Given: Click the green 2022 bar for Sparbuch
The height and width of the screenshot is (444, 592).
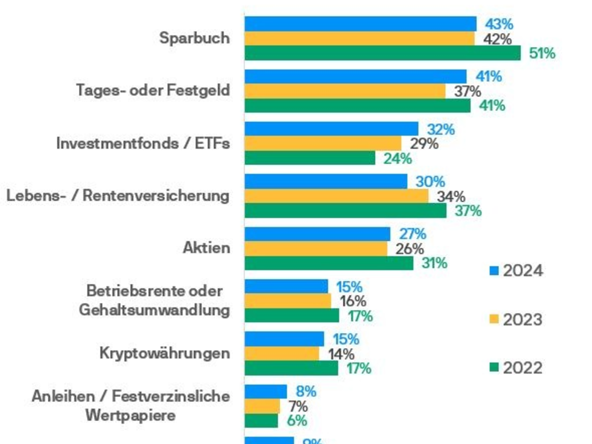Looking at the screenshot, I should click(x=382, y=53).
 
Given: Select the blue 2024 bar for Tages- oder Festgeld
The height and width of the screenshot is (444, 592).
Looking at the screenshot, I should click(x=355, y=76).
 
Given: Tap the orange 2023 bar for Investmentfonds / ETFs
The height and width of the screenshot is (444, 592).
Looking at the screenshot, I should click(x=323, y=144).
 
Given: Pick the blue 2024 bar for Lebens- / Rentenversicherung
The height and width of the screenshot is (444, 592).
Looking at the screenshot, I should click(x=326, y=181).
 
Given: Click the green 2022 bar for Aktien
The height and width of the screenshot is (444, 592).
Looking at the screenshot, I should click(x=329, y=263).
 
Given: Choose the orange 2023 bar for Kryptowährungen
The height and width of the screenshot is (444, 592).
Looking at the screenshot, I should click(x=282, y=353).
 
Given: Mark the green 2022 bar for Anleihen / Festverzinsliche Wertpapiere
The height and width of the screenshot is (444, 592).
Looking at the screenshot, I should click(x=261, y=420).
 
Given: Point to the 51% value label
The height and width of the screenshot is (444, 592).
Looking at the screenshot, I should click(x=542, y=53).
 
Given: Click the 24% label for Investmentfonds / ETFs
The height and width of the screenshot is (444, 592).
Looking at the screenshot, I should click(x=398, y=158).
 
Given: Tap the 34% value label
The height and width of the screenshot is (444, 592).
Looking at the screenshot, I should click(x=450, y=196).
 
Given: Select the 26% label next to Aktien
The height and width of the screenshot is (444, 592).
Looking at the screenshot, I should click(x=409, y=249).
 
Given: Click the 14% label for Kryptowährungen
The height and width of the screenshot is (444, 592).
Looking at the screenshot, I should click(x=341, y=354).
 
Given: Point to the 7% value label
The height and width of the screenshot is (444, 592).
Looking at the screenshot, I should click(x=298, y=407).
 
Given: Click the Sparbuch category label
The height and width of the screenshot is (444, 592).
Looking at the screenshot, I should click(x=194, y=38).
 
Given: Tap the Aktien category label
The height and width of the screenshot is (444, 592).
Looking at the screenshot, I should click(x=206, y=248).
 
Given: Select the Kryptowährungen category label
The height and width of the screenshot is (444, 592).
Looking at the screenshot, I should click(x=164, y=353).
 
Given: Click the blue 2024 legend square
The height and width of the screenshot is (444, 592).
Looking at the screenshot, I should click(x=494, y=270).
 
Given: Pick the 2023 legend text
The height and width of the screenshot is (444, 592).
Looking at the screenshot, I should click(x=523, y=320).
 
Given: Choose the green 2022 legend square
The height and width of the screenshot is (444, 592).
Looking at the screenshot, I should click(x=494, y=368).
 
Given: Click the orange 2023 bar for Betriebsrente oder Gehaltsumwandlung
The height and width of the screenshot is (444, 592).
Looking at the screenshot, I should click(x=288, y=301).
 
